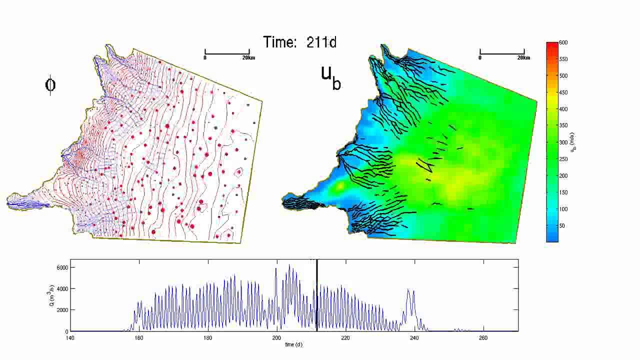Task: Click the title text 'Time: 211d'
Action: click(x=300, y=42)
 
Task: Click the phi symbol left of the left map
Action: click(x=50, y=84)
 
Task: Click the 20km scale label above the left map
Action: click(x=248, y=58)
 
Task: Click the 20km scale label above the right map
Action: click(x=523, y=58)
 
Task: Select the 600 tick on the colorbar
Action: click(x=563, y=42)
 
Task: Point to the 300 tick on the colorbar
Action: click(x=563, y=142)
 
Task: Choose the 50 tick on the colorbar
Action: click(x=562, y=226)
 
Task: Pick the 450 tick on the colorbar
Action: click(x=563, y=92)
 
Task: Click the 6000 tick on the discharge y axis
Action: click(x=62, y=267)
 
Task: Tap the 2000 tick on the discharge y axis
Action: click(x=62, y=310)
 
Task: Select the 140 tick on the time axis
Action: click(x=70, y=337)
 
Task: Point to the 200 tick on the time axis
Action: click(x=276, y=337)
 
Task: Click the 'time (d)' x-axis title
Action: click(x=294, y=344)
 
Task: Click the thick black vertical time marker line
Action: click(x=317, y=295)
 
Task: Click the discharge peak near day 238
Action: click(x=408, y=289)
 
